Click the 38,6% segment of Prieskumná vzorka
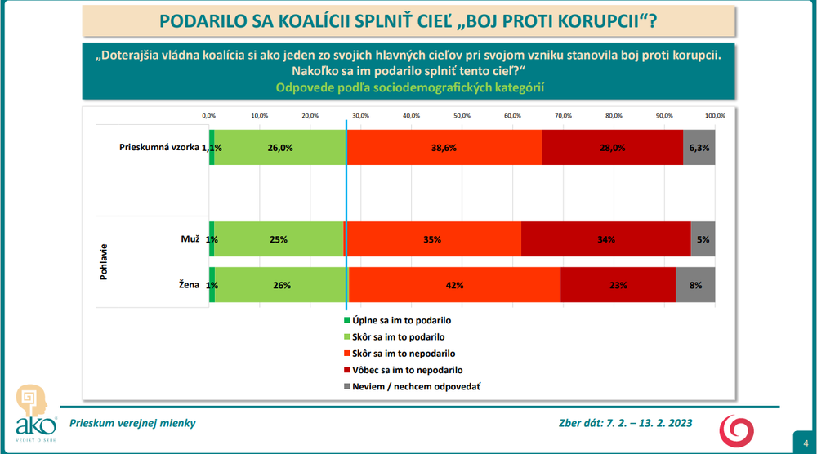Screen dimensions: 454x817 444,148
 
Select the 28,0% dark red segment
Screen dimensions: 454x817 612,148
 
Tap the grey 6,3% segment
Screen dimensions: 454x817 699,148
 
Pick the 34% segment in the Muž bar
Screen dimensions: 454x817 605,239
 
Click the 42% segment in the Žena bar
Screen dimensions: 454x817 455,285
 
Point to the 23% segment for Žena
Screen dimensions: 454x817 618,285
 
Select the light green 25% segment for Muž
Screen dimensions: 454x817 279,239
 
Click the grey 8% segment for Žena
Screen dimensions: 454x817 695,285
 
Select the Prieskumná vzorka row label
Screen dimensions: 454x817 159,148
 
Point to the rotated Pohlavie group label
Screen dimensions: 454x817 105,262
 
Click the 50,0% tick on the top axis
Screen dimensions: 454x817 462,115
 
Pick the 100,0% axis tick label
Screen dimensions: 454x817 714,115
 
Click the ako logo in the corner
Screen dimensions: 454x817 37,412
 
